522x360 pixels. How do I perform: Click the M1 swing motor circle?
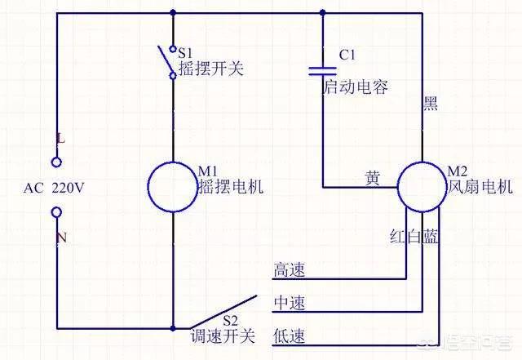coord(148,187)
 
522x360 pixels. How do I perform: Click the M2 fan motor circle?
coord(397,187)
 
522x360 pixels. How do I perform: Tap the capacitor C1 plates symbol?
coord(323,71)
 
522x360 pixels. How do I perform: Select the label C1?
coord(347,55)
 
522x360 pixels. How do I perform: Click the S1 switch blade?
coord(165,60)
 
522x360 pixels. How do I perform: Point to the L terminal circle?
coord(56,162)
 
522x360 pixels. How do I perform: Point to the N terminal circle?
coord(56,212)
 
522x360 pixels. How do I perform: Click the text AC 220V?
coord(54,189)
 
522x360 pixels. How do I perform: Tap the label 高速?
coord(289,269)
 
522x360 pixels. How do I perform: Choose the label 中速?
coord(289,304)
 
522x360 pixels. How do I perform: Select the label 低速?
coord(289,336)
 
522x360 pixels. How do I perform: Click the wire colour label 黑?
coord(430,103)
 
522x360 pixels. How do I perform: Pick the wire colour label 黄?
coord(373,178)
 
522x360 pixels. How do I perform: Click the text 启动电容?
coord(356,87)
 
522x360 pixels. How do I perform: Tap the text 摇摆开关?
coord(211,69)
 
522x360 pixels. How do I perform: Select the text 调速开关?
coord(223,336)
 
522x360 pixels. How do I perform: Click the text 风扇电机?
coord(480,186)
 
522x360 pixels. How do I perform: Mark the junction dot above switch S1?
coord(173,13)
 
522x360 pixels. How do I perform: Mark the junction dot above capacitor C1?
coord(323,13)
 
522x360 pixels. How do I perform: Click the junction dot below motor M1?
coord(173,328)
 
